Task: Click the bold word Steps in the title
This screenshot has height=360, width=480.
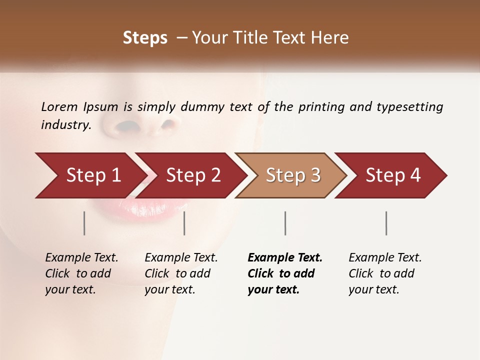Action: point(145,38)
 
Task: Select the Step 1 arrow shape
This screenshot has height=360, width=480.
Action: point(90,175)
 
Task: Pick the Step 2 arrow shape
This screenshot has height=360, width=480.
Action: point(192,175)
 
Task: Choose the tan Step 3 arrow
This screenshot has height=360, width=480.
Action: point(292,175)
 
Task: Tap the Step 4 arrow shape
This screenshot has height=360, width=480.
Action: point(392,175)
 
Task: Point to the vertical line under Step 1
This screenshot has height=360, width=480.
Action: point(84,223)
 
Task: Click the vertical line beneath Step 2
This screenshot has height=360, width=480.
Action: point(184,223)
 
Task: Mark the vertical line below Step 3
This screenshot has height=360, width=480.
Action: point(285,223)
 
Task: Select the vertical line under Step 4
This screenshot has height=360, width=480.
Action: point(386,223)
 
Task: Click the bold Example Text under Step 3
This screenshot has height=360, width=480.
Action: point(284,273)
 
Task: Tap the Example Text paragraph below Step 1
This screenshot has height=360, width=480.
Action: point(81,273)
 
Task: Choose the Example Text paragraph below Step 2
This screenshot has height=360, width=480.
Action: point(181,273)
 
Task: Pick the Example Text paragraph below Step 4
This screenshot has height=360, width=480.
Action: point(385,273)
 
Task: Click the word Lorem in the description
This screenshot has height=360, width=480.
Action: point(59,107)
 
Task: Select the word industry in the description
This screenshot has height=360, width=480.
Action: point(65,125)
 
